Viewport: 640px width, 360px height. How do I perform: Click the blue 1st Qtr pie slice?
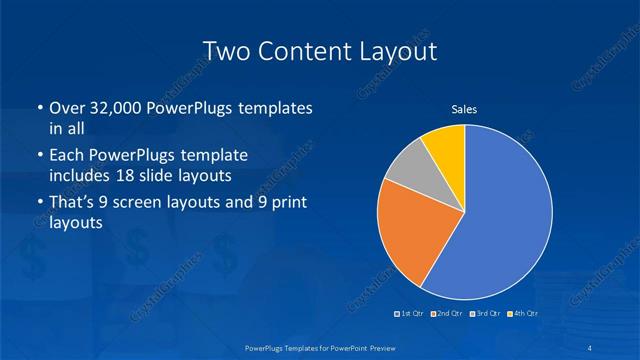coord(500,215)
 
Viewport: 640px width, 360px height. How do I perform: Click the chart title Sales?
coord(463,109)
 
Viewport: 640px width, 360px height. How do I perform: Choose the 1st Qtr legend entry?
coord(409,314)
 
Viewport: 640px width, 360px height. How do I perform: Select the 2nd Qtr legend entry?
coord(445,314)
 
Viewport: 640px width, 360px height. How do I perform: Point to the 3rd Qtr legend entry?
coord(483,314)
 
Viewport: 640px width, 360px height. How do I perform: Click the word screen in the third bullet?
coord(150,203)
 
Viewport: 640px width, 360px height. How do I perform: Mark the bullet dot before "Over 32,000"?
coord(39,109)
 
